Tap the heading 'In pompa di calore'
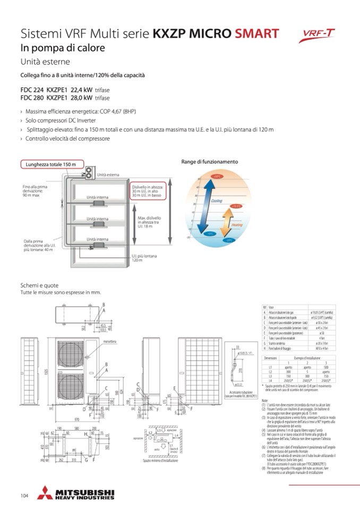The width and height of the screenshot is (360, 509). [x=63, y=48]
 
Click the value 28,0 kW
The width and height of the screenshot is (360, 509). [x=81, y=98]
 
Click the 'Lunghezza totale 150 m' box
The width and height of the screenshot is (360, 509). [x=52, y=165]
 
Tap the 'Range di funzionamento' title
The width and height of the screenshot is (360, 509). [x=210, y=161]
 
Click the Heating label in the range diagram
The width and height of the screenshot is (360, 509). [x=237, y=225]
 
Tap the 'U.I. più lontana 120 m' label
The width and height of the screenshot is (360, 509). [x=144, y=258]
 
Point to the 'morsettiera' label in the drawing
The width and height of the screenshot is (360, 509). [x=110, y=326]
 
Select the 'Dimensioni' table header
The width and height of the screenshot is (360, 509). [x=271, y=359]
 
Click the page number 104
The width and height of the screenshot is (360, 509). [x=24, y=496]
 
